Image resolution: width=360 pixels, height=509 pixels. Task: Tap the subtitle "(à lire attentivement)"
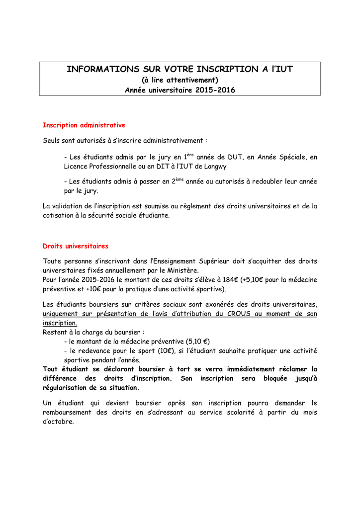click(x=180, y=80)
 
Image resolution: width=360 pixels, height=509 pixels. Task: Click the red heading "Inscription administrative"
click(x=84, y=125)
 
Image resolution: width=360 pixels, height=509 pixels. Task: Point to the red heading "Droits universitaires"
click(x=76, y=246)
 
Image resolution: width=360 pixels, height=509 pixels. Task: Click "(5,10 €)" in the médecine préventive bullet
click(x=198, y=341)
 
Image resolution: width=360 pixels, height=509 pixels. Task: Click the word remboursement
click(x=68, y=413)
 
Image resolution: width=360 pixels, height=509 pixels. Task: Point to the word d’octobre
click(x=59, y=422)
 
